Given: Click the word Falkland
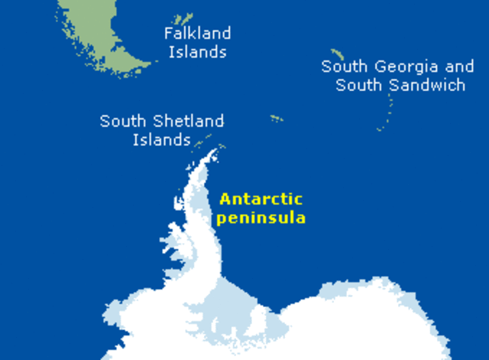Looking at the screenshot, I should click(197, 34).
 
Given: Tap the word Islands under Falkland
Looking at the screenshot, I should click(197, 53).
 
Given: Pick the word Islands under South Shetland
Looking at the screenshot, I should click(161, 140).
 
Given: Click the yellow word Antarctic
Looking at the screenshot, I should click(261, 199).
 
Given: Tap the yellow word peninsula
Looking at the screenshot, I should click(261, 218).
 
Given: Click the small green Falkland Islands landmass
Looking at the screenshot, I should click(182, 18).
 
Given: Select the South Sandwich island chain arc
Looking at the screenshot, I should click(389, 111).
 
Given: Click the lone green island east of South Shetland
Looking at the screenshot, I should click(276, 118).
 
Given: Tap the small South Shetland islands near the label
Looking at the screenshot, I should click(203, 141).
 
